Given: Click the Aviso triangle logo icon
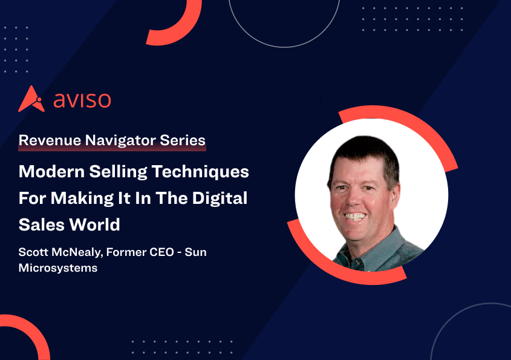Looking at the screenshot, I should [x=31, y=99].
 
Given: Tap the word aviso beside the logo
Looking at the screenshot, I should [x=82, y=100].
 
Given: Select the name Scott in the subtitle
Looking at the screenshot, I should [x=34, y=252].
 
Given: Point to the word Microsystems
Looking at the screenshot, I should [x=58, y=267].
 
